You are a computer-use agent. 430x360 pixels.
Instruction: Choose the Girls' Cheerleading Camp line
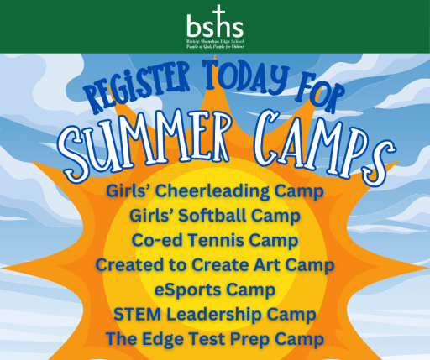pos(215,192)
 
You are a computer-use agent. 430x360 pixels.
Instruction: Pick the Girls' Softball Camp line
pos(215,217)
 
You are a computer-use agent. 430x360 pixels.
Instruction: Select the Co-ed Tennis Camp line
pos(215,241)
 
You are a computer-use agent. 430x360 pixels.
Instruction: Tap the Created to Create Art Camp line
pos(215,266)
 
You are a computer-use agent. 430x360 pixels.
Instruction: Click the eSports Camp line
pos(215,290)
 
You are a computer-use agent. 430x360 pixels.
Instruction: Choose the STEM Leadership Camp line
pos(215,315)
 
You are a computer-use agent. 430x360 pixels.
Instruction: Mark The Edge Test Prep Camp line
pos(215,339)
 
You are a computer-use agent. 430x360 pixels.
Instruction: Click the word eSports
pos(191,290)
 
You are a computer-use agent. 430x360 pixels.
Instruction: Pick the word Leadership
pos(211,315)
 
